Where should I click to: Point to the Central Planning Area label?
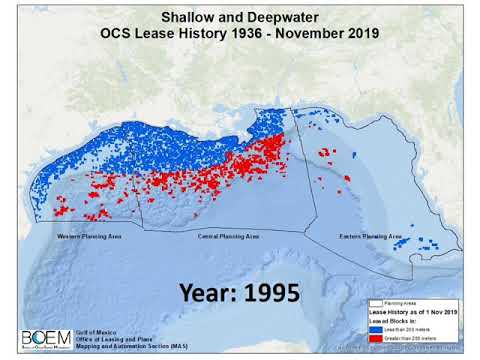point(227,237)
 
